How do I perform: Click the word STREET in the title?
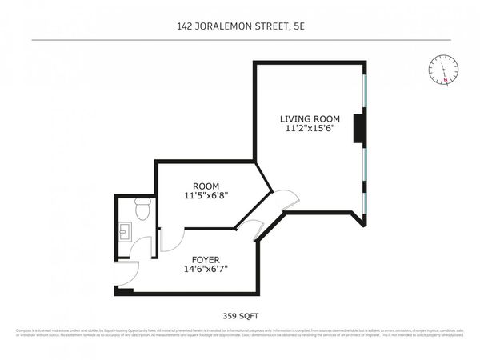266,26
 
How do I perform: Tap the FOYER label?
205,260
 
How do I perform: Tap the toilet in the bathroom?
142,210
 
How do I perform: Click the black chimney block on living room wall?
360,127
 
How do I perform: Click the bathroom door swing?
142,246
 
